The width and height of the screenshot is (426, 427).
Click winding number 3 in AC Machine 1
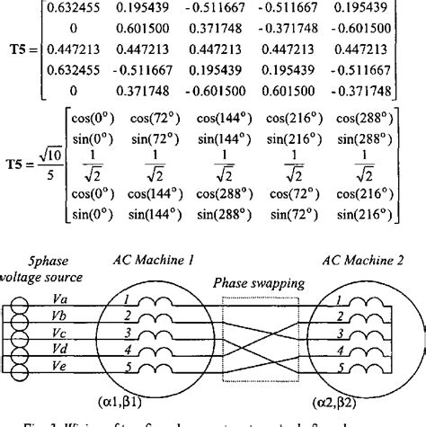pyautogui.click(x=129, y=333)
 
